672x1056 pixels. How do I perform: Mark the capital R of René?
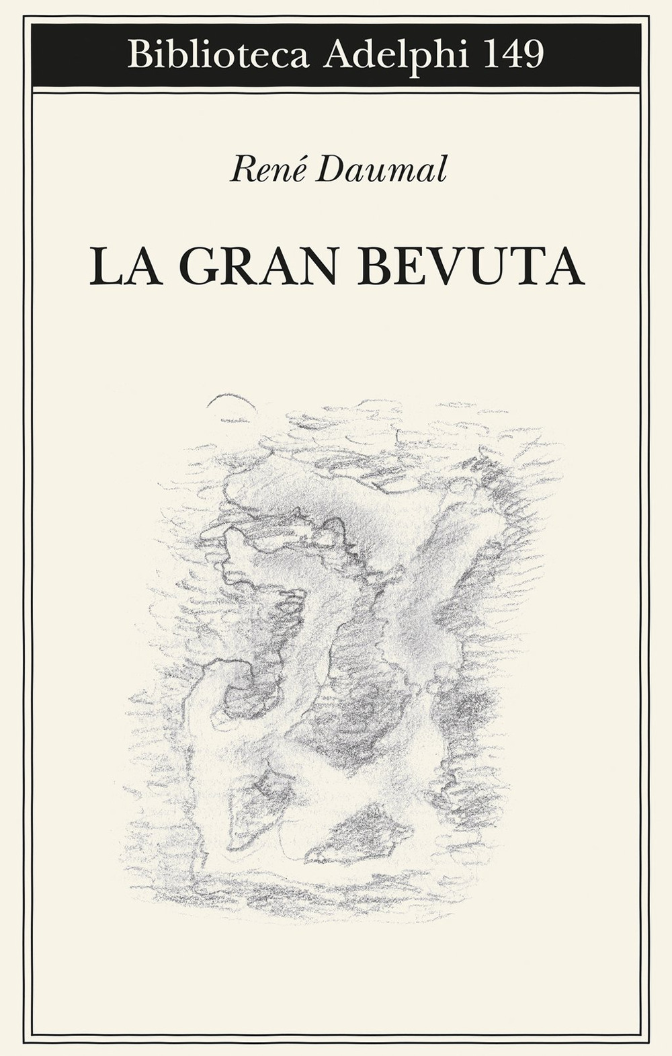pos(239,170)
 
